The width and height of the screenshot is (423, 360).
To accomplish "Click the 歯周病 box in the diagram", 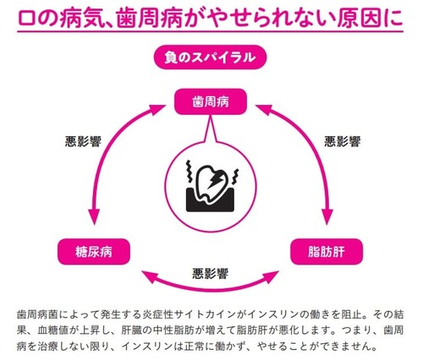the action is (211, 101).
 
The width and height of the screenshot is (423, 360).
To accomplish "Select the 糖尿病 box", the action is (94, 252).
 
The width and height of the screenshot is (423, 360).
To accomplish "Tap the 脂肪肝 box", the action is (327, 252).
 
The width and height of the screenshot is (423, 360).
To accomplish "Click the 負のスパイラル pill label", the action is (210, 57).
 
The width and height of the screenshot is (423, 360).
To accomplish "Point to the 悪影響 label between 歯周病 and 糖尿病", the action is (83, 141).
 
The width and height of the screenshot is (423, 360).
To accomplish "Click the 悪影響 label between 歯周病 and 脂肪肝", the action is (342, 141).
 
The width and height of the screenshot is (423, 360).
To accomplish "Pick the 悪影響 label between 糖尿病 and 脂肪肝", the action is (210, 274).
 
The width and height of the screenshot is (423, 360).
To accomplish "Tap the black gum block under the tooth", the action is (210, 200).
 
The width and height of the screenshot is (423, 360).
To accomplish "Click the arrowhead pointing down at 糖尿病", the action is (94, 216).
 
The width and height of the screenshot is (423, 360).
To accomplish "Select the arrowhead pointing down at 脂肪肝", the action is (327, 216).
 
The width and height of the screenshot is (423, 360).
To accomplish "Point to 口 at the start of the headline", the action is (27, 19).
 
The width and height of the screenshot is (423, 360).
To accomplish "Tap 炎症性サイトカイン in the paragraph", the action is (184, 314).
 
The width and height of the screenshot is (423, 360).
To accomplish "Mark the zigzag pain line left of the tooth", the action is (190, 171).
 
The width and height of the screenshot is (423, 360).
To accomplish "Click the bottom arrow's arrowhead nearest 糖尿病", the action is (149, 276).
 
